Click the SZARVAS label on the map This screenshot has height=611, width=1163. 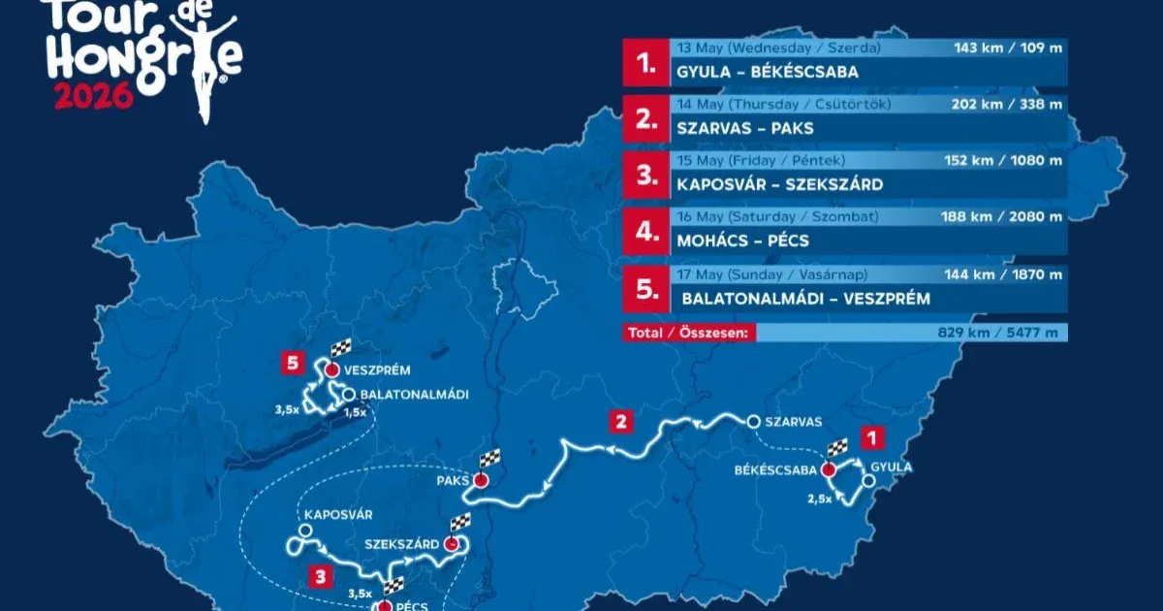click(x=793, y=422)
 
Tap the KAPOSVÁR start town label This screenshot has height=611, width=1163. click(x=338, y=514)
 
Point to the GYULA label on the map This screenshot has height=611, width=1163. click(x=892, y=466)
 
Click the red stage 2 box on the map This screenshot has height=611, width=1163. click(x=622, y=422)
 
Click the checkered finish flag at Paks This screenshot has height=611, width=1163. click(x=490, y=459)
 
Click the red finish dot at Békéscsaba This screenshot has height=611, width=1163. click(x=828, y=470)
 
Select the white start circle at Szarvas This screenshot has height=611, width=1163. click(x=753, y=422)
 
